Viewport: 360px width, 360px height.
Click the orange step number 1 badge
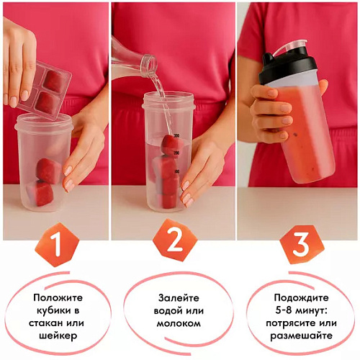57,244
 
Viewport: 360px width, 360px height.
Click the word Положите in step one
58,298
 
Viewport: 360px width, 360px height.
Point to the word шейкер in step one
58,336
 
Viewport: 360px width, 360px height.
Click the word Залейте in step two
179,298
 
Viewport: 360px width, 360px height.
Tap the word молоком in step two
179,323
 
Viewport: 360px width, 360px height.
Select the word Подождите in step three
302,298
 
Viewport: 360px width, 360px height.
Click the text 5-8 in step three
284,310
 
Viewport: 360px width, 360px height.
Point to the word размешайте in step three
302,336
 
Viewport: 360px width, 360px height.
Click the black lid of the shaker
287,68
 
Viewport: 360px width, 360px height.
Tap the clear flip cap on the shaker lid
291,48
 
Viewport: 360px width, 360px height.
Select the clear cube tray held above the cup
45,90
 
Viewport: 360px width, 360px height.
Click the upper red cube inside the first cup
48,171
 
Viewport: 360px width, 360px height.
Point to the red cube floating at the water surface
172,143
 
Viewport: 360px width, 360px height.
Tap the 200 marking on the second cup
176,153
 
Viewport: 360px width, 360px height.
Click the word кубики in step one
58,310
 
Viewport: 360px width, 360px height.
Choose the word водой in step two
168,311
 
